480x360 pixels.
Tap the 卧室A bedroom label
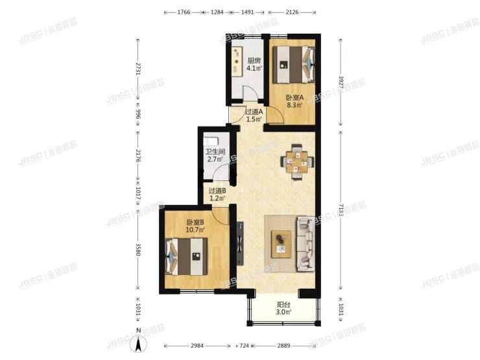(294, 99)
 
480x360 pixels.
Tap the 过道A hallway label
(253, 112)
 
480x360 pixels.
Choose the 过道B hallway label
(217, 191)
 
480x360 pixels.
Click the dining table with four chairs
(297, 162)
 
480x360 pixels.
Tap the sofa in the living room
(306, 243)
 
